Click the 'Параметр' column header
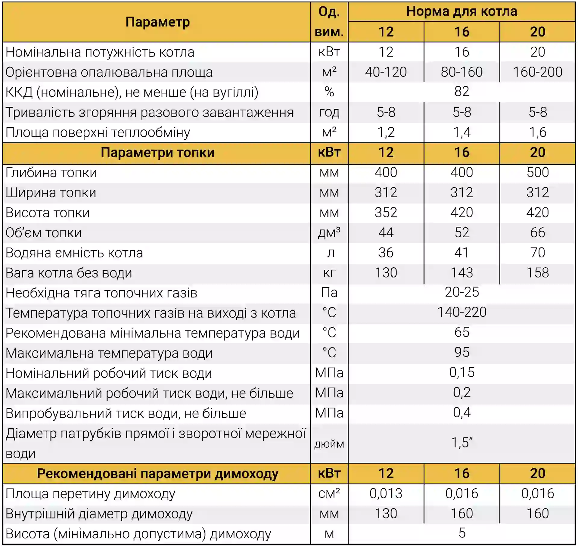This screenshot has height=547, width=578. click(157, 22)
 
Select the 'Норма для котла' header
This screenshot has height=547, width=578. click(461, 11)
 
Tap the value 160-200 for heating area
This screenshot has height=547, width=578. click(537, 72)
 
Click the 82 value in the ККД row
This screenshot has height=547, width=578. click(461, 92)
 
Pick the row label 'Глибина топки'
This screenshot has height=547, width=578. click(51, 172)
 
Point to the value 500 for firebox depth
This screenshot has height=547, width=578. click(537, 172)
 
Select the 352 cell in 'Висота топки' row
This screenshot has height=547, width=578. click(386, 213)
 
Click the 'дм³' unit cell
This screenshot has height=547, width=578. click(329, 233)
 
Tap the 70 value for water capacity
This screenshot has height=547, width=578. click(537, 253)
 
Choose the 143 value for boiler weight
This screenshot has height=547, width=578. click(461, 273)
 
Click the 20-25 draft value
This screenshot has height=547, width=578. click(461, 292)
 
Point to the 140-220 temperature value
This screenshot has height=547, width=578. click(461, 312)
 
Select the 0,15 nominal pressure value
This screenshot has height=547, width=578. click(461, 373)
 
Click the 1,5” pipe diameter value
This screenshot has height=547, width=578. click(461, 443)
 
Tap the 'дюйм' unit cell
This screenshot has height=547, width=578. click(329, 444)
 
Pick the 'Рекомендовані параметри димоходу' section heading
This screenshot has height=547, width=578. click(157, 474)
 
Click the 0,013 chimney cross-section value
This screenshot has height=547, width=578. click(386, 493)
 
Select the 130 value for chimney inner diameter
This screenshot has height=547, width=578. click(386, 514)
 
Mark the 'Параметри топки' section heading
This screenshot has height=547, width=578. click(157, 153)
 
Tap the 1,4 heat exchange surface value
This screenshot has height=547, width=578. click(461, 132)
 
